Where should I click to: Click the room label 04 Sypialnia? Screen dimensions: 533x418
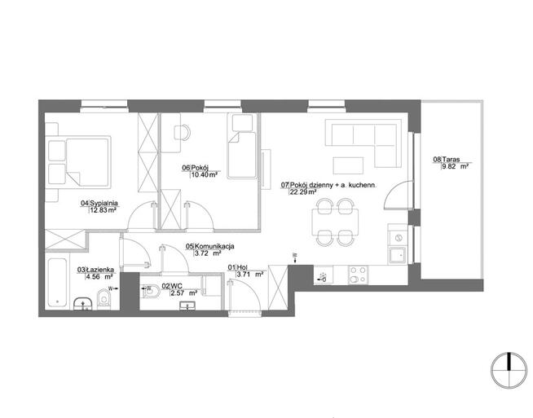99,203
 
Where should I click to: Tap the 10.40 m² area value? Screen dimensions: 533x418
204,175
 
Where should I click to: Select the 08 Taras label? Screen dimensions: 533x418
447,159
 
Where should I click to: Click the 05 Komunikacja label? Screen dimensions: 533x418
209,246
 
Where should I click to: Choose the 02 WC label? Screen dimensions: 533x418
172,286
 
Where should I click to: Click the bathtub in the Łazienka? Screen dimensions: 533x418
57,283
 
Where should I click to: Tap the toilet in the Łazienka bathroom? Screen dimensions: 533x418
104,299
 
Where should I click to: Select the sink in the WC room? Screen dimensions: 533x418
187,306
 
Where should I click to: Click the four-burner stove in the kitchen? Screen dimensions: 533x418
358,275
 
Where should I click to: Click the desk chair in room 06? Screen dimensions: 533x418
182,133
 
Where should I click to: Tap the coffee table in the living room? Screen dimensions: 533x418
348,165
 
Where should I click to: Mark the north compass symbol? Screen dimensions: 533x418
509,370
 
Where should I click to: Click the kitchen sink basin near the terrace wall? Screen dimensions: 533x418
398,256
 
